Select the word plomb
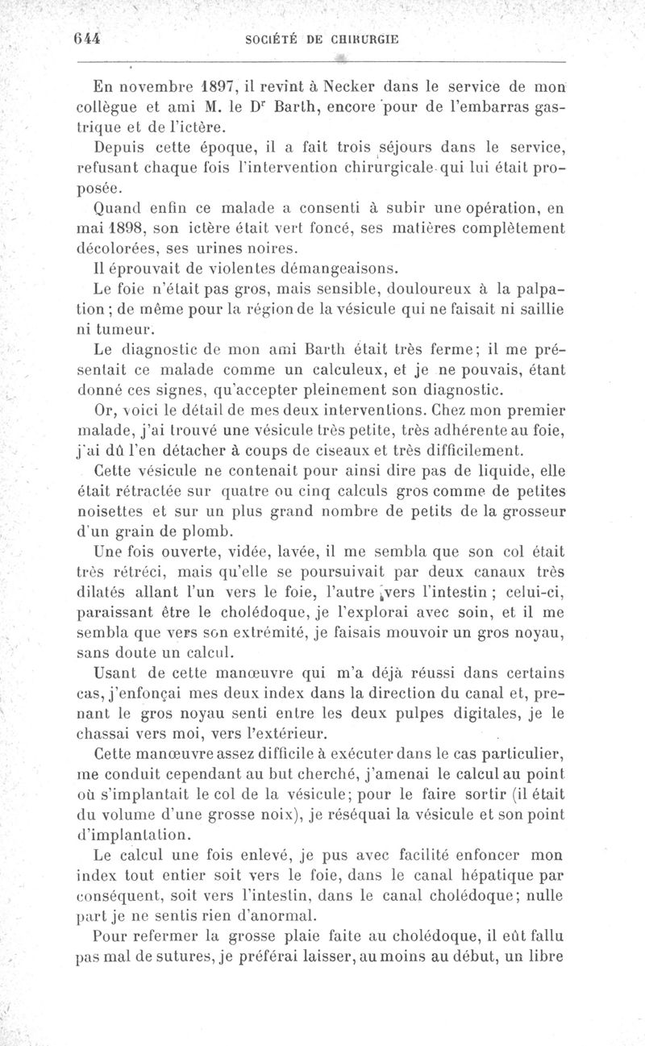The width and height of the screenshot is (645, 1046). point(208,531)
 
